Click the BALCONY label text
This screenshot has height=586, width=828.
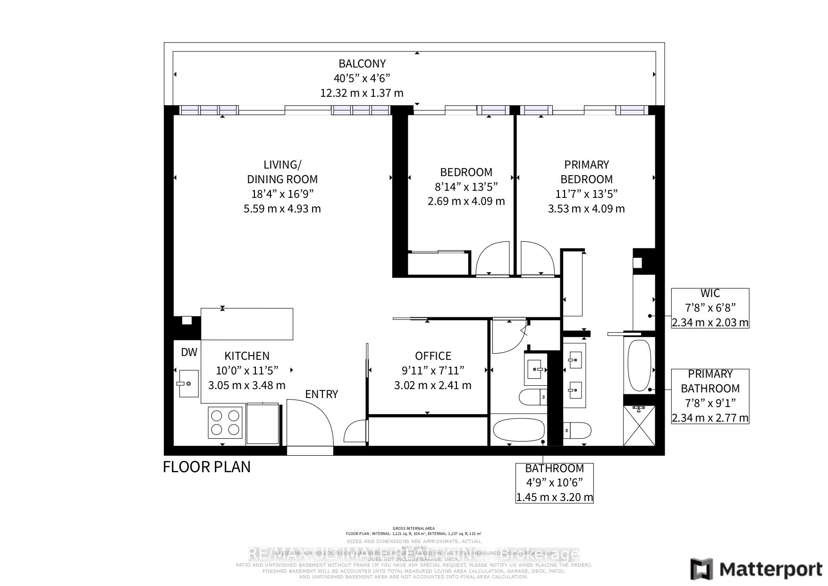[362, 63]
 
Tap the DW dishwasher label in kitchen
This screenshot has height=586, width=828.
[189, 352]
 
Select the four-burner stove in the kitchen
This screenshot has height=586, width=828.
[225, 423]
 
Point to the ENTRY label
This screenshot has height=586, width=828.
[321, 394]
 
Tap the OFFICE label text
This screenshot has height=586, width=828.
[433, 356]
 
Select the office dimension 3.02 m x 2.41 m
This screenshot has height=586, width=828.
[432, 385]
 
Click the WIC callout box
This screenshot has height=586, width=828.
[710, 308]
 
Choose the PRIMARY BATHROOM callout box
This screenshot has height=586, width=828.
[710, 396]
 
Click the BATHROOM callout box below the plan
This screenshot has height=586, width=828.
[554, 483]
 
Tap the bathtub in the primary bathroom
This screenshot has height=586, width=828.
[639, 365]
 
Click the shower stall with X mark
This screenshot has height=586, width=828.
[639, 425]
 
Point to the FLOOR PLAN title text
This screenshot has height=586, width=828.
[207, 467]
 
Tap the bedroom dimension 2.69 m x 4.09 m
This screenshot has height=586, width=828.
[466, 201]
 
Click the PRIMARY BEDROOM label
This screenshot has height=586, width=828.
[586, 172]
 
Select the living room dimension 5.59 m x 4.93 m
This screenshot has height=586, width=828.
[282, 209]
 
